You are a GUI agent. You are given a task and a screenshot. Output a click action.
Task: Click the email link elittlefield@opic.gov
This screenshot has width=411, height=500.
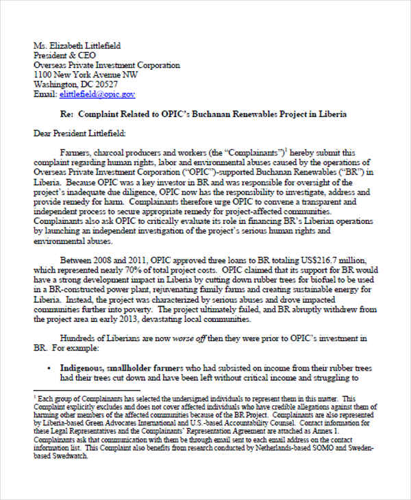pyautogui.click(x=97, y=95)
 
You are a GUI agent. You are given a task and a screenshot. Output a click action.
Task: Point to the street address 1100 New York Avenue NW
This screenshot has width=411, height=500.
pyautogui.click(x=86, y=75)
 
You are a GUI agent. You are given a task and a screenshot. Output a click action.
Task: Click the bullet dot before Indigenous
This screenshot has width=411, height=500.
pyautogui.click(x=50, y=368)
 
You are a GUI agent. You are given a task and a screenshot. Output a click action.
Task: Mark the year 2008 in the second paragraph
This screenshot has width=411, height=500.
pyautogui.click(x=106, y=260)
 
